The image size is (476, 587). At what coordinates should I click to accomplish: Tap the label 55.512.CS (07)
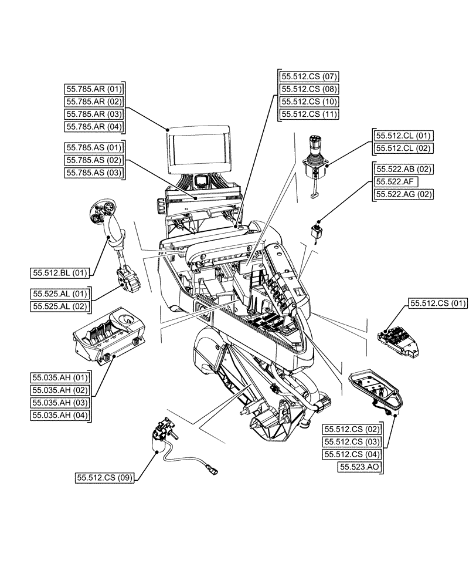[x=309, y=77]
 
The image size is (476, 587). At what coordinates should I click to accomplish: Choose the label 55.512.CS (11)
[x=309, y=114]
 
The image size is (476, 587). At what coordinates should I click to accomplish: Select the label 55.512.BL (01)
[x=61, y=272]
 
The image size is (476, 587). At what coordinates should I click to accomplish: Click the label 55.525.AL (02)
[x=61, y=305]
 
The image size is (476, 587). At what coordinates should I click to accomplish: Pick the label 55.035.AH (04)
[x=61, y=415]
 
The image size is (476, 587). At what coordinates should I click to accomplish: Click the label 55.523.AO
[x=360, y=467]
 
